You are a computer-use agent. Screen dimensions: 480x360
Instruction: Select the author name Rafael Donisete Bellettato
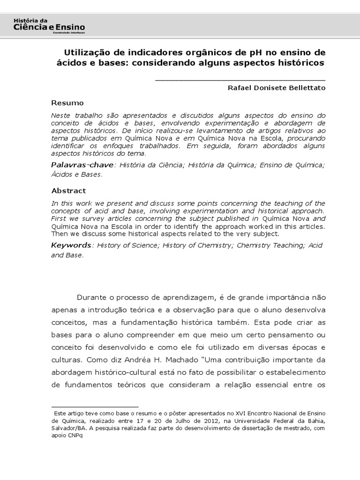[x=276, y=88]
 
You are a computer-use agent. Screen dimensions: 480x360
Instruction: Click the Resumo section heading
[x=67, y=103]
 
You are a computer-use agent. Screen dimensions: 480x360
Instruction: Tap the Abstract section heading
[x=68, y=191]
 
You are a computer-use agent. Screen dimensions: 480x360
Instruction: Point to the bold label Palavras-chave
[x=82, y=165]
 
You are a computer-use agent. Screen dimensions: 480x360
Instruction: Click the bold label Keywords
[x=71, y=245]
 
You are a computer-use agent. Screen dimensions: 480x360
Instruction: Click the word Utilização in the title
[x=86, y=52]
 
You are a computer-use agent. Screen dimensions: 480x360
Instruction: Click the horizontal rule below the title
[x=240, y=80]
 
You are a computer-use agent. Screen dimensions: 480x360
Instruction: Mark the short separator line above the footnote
[x=95, y=406]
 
